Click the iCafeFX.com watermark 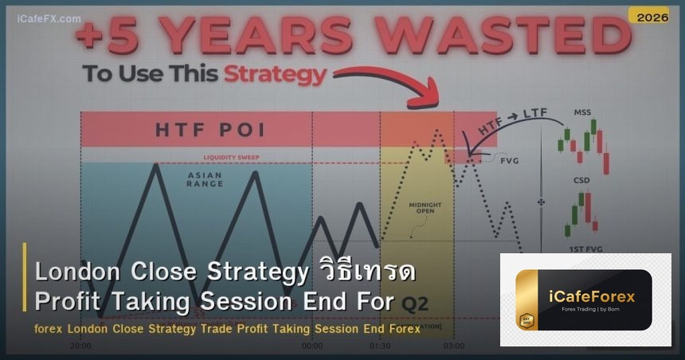[49, 18]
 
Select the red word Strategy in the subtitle [275, 74]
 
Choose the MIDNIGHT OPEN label [425, 208]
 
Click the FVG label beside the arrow [510, 160]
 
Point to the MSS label [582, 113]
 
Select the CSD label [581, 181]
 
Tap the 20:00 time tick [80, 346]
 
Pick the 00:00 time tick [312, 346]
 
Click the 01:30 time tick [380, 346]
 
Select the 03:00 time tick [454, 346]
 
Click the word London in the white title [76, 272]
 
